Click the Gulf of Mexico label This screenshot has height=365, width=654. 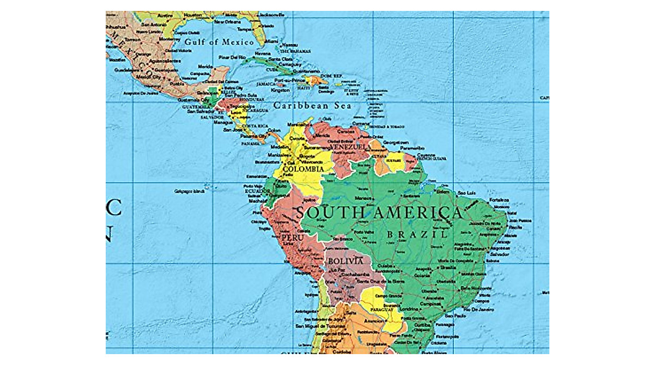point(219,42)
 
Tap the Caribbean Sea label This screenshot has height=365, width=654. point(312,106)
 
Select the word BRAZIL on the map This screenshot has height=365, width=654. point(417,234)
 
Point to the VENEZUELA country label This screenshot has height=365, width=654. point(347,148)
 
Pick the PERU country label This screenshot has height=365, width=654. point(292,238)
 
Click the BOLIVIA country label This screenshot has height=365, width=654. point(346,261)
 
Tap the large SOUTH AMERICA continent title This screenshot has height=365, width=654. point(379,212)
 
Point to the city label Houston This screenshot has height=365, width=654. point(193,15)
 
